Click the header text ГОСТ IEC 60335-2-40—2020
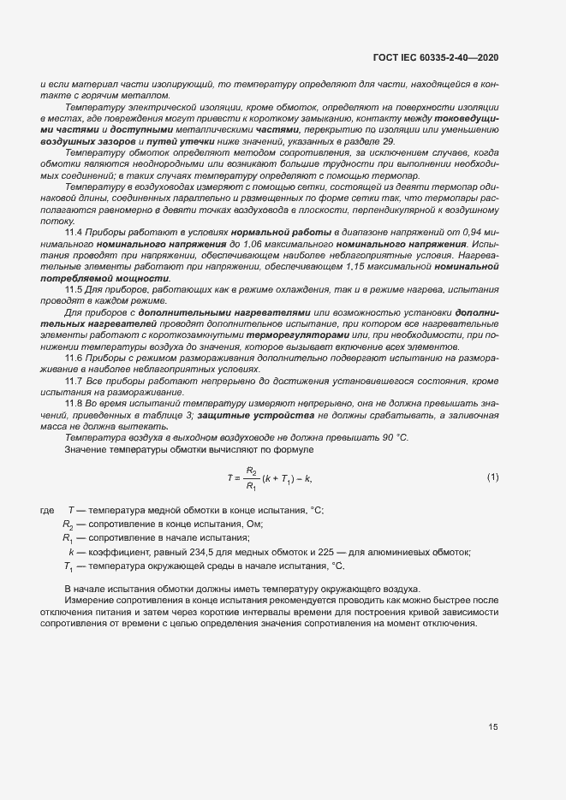pos(436,57)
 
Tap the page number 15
pos(492,727)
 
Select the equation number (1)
pos(492,477)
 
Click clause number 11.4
pos(74,233)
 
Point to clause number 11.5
pos(74,290)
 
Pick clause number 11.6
pos(74,358)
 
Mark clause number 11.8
pos(74,402)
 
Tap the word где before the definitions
pos(48,510)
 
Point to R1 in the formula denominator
pos(251,486)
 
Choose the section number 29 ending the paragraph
pos(388,140)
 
